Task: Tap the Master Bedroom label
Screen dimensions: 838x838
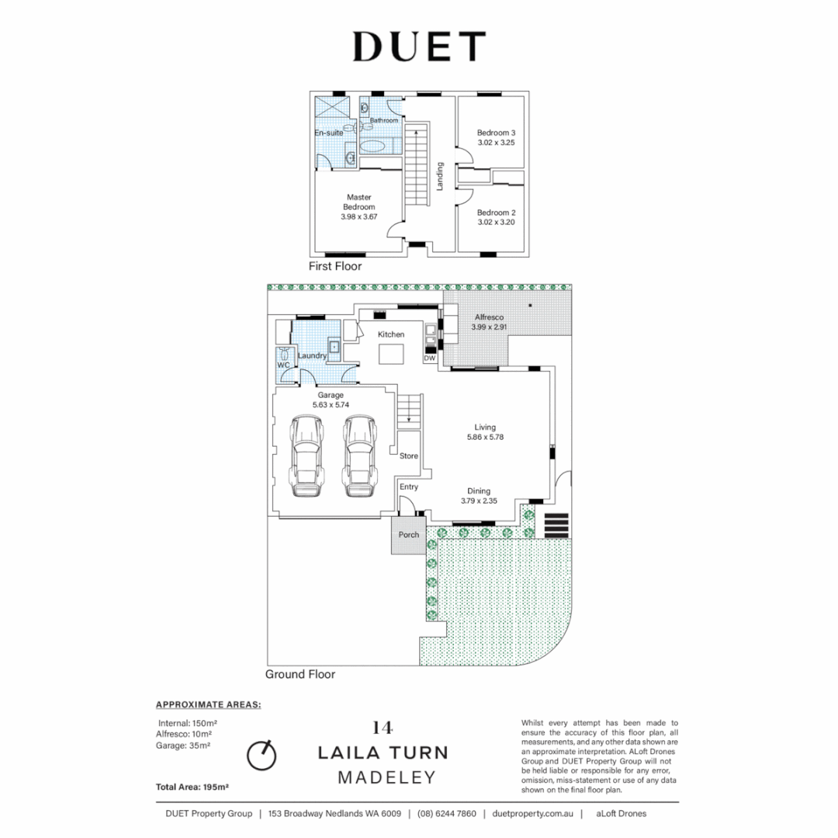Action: coord(358,203)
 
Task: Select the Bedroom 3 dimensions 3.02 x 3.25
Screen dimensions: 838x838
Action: coord(496,143)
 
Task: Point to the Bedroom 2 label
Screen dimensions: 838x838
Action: coord(496,213)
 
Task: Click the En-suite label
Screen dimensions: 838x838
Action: coord(328,133)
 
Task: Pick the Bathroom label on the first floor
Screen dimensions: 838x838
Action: coord(383,120)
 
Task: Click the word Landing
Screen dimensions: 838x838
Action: coord(440,177)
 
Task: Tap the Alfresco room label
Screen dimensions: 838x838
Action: coord(490,317)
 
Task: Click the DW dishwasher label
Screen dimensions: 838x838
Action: coord(429,358)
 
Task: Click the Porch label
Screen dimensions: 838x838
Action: coord(408,535)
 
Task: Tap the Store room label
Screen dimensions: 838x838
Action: coord(409,456)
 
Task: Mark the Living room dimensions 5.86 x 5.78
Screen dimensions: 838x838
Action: coord(487,438)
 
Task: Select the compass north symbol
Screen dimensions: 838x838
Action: coord(261,753)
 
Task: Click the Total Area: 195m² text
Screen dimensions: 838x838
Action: coord(192,787)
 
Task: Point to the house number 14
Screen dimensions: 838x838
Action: coord(383,728)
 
